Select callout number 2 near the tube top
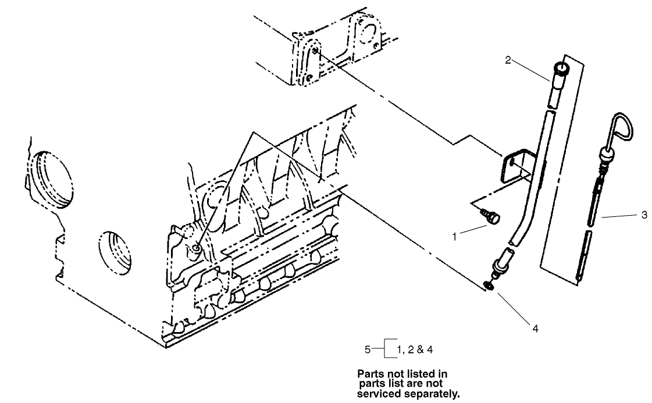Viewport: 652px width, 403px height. pos(508,60)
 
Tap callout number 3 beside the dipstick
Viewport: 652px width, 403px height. pos(644,215)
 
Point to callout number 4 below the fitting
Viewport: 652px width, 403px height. pos(535,329)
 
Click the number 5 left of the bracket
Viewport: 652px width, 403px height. pos(367,349)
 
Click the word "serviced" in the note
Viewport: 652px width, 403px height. pos(379,394)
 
